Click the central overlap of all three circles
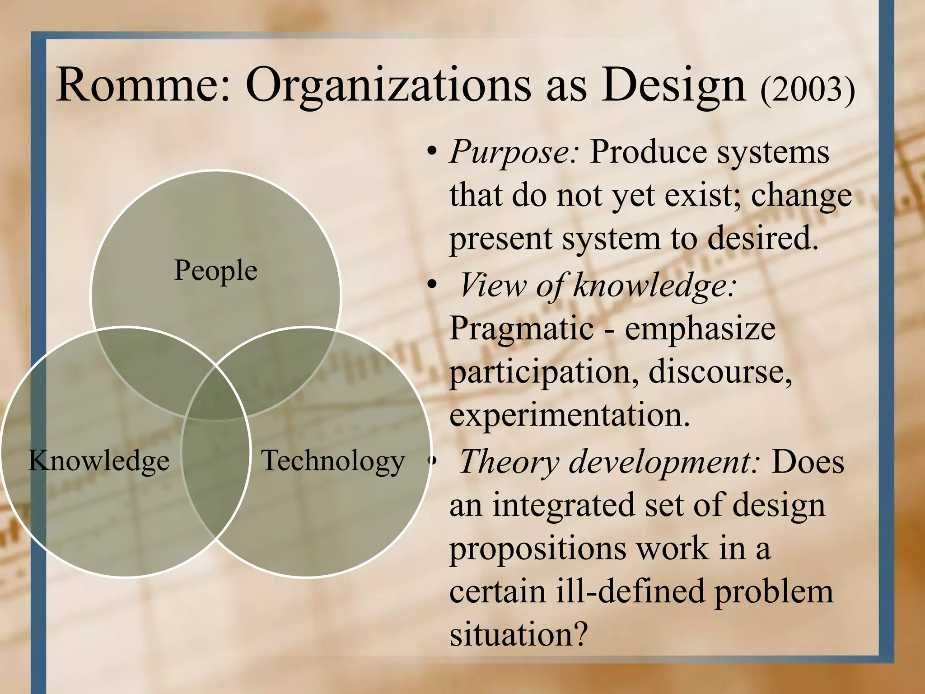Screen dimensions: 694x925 [x=216, y=398]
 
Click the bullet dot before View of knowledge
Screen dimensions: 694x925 [x=432, y=285]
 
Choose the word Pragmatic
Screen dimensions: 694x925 [x=522, y=329]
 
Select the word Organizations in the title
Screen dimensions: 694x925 [x=388, y=86]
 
